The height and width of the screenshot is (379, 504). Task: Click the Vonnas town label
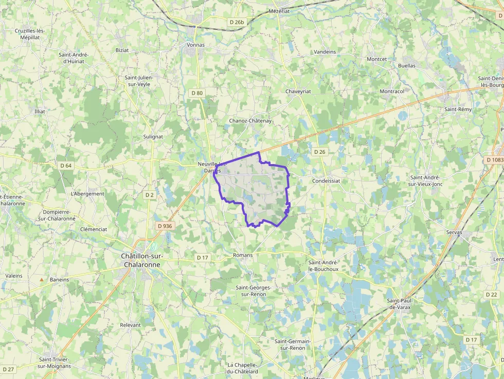point(195,45)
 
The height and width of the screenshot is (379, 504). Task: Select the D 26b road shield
point(237,22)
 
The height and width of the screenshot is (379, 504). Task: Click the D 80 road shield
point(196,93)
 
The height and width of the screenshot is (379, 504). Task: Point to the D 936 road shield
point(165,226)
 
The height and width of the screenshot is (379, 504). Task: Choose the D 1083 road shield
point(494,160)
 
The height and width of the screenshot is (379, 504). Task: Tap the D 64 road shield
point(66,166)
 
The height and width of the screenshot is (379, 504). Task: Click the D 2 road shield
point(149,195)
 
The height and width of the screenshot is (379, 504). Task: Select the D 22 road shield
point(491,294)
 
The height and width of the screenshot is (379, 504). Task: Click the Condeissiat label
point(326,181)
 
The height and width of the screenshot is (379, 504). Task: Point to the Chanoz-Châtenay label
point(250,121)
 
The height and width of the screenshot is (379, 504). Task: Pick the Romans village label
point(243,255)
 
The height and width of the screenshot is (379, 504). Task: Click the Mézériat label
point(280,11)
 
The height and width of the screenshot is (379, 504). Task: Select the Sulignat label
point(153,137)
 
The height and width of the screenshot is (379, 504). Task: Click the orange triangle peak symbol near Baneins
point(42,280)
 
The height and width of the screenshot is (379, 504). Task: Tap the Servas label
point(454,232)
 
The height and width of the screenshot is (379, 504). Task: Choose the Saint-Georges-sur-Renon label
point(253,291)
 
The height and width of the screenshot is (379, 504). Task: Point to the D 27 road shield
point(8,369)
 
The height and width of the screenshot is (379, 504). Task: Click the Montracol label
point(392,91)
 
